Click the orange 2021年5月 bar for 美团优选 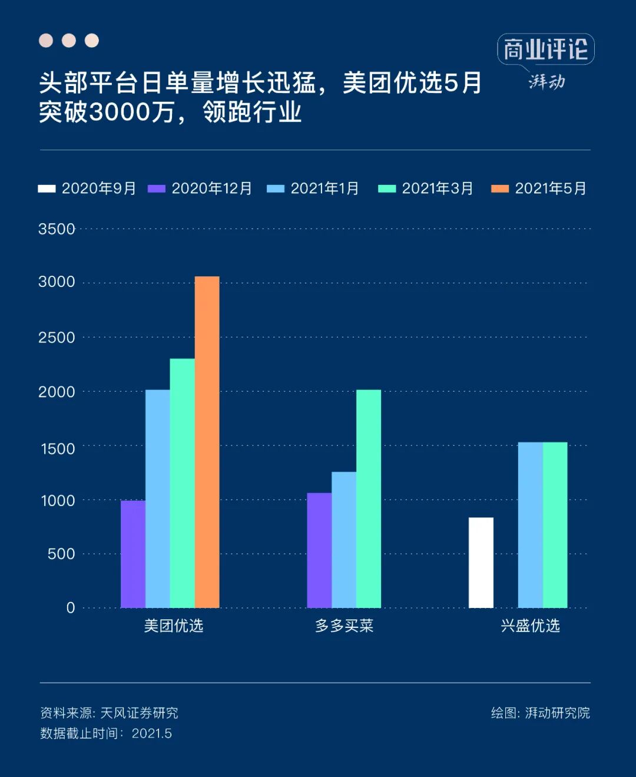207,442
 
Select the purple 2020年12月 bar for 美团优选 133,554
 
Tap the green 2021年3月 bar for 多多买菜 369,498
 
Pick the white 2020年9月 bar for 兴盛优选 481,563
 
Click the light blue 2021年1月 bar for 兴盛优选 530,524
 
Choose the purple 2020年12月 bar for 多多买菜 319,550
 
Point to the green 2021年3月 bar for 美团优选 182,483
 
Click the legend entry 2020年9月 87,189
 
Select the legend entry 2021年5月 539,189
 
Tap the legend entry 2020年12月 200,189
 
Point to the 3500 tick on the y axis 57,229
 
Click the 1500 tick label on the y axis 58,449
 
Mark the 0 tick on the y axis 71,608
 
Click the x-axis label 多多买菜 344,626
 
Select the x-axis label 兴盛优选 530,626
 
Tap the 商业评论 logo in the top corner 545,49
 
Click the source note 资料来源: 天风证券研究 109,713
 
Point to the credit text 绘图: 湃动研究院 540,713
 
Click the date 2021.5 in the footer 152,733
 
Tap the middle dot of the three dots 69,40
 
